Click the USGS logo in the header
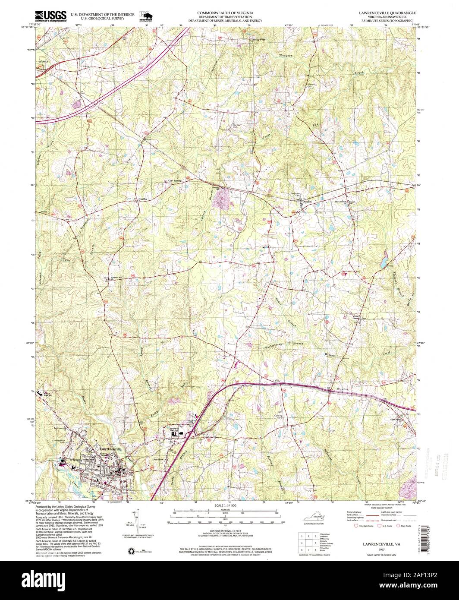[51, 16]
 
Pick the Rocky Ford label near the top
[258, 40]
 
